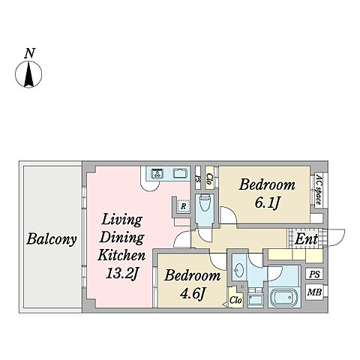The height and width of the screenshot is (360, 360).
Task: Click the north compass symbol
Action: [x=28, y=74]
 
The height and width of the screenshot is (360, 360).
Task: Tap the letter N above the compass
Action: [x=29, y=53]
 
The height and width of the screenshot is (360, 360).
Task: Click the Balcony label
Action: [x=52, y=239]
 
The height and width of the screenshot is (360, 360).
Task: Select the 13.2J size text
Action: [x=121, y=273]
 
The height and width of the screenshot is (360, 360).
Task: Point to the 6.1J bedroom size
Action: [x=267, y=202]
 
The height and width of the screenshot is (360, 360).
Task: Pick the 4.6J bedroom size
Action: [x=193, y=293]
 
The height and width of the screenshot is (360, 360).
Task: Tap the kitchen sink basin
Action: [x=180, y=173]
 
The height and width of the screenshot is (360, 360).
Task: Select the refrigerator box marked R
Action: [x=184, y=206]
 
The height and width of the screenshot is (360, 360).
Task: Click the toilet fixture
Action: [x=205, y=203]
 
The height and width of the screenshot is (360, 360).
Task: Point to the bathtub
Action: [x=284, y=298]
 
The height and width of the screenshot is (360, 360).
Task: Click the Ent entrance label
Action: [x=306, y=239]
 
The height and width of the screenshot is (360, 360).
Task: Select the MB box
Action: [x=314, y=292]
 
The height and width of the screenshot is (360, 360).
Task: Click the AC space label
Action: [x=318, y=190]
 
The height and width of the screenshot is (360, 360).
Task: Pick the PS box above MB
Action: [x=314, y=274]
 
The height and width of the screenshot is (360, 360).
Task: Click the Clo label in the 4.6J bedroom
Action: [x=235, y=300]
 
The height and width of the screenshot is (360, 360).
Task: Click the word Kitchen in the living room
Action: [x=121, y=256]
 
